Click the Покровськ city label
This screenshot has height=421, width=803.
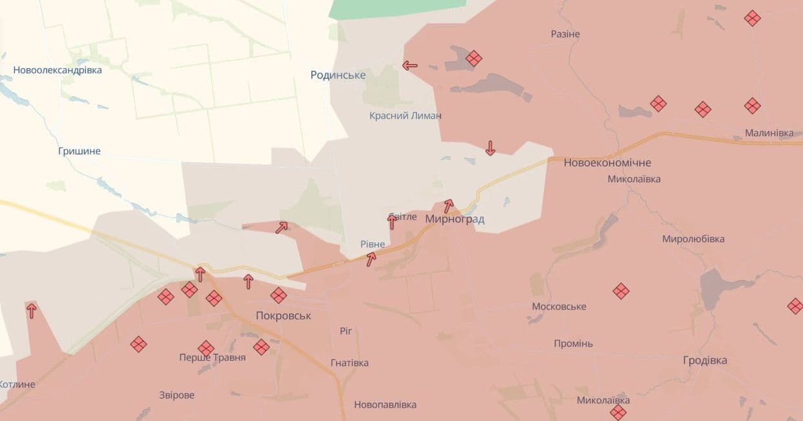point(283,316)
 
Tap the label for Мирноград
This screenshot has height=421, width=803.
point(455,219)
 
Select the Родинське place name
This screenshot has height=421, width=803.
point(338,75)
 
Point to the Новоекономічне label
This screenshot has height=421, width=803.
point(607,163)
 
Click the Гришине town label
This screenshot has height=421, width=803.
point(79,151)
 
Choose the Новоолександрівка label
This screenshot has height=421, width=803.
point(58,70)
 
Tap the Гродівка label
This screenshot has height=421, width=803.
point(705,360)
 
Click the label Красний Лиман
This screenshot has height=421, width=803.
point(405,115)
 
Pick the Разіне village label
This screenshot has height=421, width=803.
point(565,34)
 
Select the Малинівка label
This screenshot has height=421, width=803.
point(769,133)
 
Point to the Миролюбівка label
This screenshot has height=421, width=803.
point(693,239)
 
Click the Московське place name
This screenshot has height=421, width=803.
point(559,306)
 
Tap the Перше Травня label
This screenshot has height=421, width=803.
point(212,358)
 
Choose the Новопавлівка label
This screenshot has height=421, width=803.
point(385,405)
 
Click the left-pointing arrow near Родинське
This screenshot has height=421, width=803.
point(410,65)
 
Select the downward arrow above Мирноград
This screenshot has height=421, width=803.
point(490,148)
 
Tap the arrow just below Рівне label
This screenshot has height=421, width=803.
point(371,260)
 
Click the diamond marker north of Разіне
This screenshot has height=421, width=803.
point(752,18)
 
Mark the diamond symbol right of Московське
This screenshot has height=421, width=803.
point(621,291)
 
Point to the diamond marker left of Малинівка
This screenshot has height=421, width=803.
point(752,106)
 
